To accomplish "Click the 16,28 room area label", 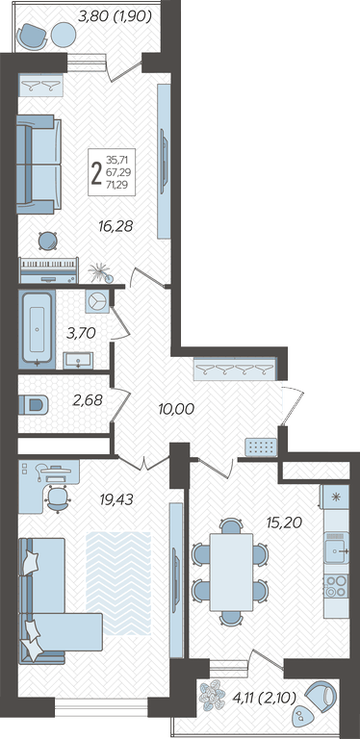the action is (116, 227).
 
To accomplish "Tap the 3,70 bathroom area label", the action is (82, 334).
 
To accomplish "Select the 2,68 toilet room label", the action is (89, 400).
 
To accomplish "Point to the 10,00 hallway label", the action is (176, 409).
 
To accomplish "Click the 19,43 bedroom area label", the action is (116, 499).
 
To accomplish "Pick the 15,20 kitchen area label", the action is (284, 522).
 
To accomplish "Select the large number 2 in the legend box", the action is (96, 172).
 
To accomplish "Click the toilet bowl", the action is (34, 405).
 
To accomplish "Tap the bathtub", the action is (38, 328).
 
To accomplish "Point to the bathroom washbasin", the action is (78, 361).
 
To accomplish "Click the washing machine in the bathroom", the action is (98, 301).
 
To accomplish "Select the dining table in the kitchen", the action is (231, 572).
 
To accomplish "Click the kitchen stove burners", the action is (336, 586).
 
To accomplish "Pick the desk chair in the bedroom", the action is (58, 499).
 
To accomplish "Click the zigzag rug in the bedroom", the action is (118, 583).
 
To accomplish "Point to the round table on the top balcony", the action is (64, 36).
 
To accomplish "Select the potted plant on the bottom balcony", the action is (213, 697).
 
